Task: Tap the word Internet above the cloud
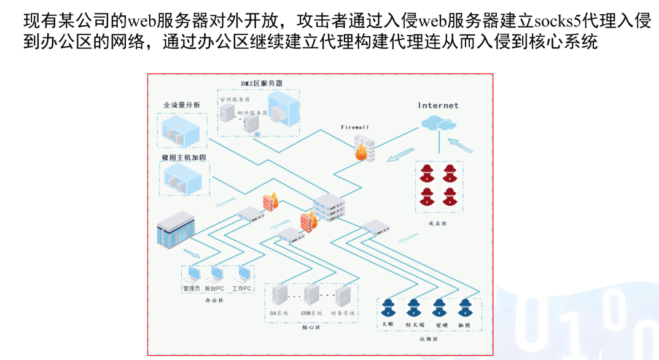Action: pos(439,105)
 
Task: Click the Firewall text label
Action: pos(355,127)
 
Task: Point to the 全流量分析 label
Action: pos(181,105)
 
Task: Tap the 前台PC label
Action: pos(216,288)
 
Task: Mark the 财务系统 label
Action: pos(343,313)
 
